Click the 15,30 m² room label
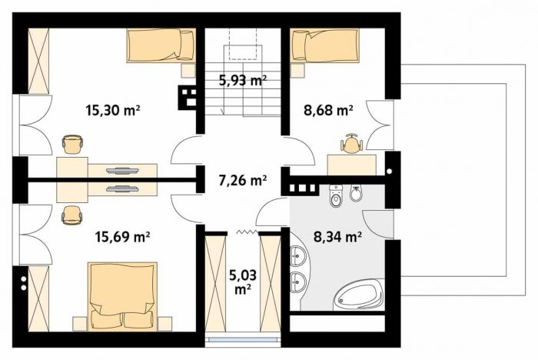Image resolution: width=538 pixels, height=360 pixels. click(x=113, y=111)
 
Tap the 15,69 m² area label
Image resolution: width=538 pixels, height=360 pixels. click(x=122, y=237)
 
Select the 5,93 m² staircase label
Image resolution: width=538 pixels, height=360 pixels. click(x=243, y=80)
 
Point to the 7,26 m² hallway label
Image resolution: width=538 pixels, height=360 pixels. click(x=243, y=180)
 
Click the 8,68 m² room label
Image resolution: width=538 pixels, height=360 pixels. click(x=328, y=111)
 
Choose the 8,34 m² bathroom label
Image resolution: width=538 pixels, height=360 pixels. click(x=338, y=237)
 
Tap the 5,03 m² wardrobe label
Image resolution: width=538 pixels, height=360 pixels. click(x=244, y=282)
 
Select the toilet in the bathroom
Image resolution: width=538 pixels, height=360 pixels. click(x=336, y=196)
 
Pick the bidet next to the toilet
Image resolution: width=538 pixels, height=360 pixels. click(x=355, y=193)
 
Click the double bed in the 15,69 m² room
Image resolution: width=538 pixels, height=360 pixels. click(x=122, y=297)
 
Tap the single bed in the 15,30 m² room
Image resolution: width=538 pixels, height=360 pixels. click(x=161, y=45)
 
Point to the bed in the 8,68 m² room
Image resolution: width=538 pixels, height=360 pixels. click(x=324, y=45)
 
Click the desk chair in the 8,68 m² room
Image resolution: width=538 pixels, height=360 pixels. click(x=350, y=144)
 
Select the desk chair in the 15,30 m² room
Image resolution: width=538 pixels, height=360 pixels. click(x=73, y=144)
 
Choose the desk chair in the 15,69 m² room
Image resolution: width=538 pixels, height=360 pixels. click(x=72, y=215)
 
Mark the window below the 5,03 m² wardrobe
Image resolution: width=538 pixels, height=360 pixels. click(x=243, y=339)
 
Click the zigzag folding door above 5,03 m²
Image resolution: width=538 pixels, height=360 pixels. click(x=247, y=232)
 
